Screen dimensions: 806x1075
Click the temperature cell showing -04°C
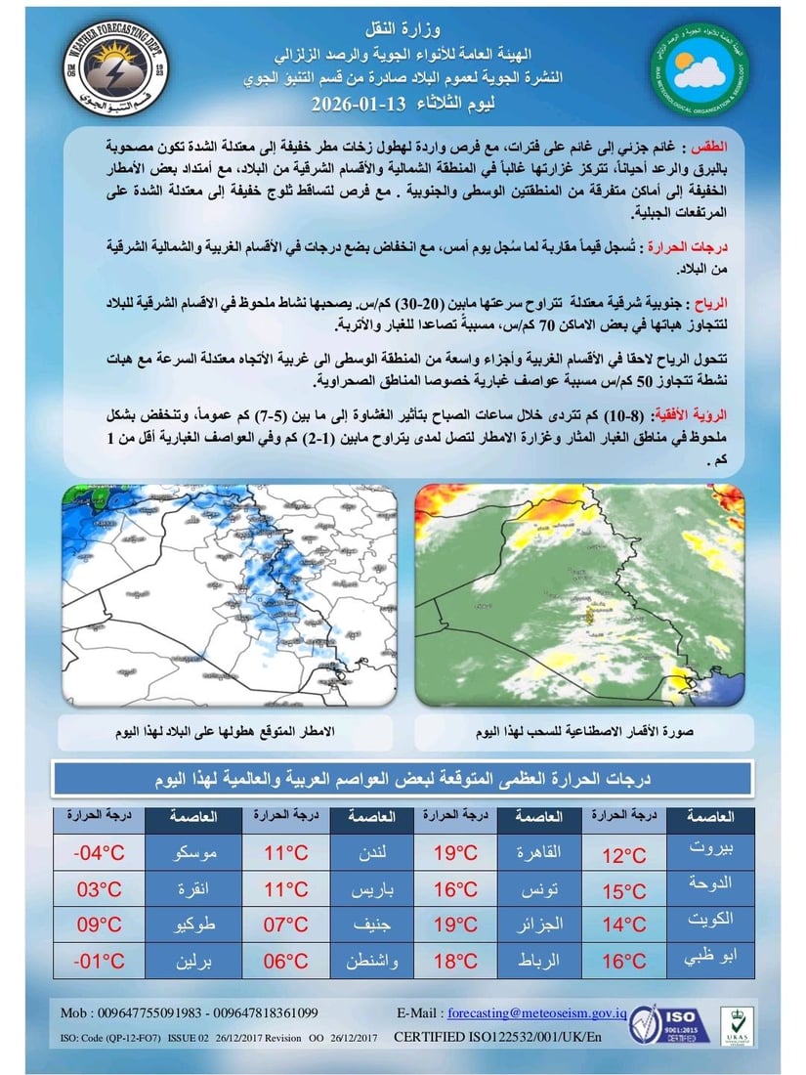pos(100,855)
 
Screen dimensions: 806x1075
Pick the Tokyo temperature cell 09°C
pos(100,924)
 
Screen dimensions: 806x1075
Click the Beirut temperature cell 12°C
pos(624,856)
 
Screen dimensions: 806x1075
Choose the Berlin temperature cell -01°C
pos(100,960)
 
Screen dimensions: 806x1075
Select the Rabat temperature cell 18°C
pos(454,961)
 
